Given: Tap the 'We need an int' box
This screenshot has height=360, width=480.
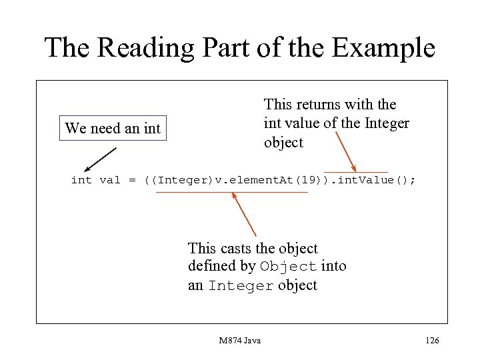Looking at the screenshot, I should tap(113, 128).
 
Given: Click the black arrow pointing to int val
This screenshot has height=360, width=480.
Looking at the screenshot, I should tap(100, 160).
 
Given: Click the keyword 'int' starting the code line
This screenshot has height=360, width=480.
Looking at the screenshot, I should tap(81, 181).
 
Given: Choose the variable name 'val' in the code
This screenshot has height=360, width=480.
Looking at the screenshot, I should tap(109, 181).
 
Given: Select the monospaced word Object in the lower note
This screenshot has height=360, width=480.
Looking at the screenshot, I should tap(288, 267).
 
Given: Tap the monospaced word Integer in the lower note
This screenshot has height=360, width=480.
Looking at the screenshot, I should tap(241, 286).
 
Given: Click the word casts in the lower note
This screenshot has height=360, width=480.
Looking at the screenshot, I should tap(237, 249).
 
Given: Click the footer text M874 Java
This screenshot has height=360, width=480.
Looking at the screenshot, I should tap(240, 341).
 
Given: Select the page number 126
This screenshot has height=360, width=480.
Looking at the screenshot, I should tap(432, 341).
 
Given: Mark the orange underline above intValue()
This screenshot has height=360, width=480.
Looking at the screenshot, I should tap(355, 172).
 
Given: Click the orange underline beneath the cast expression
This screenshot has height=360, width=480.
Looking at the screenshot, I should tap(232, 192).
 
